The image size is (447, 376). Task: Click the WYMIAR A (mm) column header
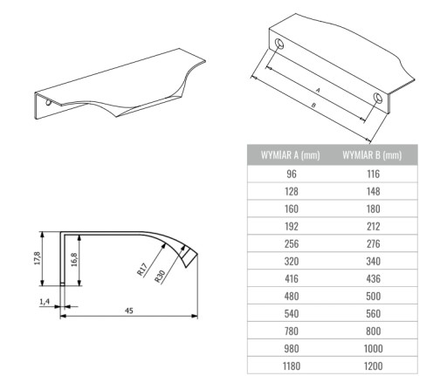pyautogui.click(x=291, y=155)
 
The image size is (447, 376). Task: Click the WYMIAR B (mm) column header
pyautogui.click(x=372, y=155)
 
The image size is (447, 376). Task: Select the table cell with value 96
pyautogui.click(x=292, y=174)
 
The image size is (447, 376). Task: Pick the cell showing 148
pyautogui.click(x=374, y=191)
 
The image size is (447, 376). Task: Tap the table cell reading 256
pyautogui.click(x=292, y=243)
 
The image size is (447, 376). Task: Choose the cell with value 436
pyautogui.click(x=374, y=278)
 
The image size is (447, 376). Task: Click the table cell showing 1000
pyautogui.click(x=374, y=348)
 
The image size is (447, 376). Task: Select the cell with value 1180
pyautogui.click(x=292, y=366)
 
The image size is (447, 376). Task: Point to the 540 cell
pyautogui.click(x=292, y=313)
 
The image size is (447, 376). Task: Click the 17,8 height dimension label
pyautogui.click(x=37, y=258)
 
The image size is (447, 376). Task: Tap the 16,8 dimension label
pyautogui.click(x=74, y=260)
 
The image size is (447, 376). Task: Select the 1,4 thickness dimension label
pyautogui.click(x=45, y=302)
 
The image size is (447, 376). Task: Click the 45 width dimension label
pyautogui.click(x=129, y=311)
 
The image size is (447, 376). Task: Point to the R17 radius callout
pyautogui.click(x=142, y=269)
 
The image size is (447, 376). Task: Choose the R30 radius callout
pyautogui.click(x=160, y=277)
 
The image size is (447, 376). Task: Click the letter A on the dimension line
pyautogui.click(x=318, y=91)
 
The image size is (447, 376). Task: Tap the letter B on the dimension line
pyautogui.click(x=313, y=105)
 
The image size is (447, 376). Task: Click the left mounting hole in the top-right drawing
pyautogui.click(x=279, y=44)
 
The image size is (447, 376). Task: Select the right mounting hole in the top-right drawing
pyautogui.click(x=378, y=98)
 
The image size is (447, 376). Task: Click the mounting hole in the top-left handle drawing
pyautogui.click(x=48, y=102)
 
